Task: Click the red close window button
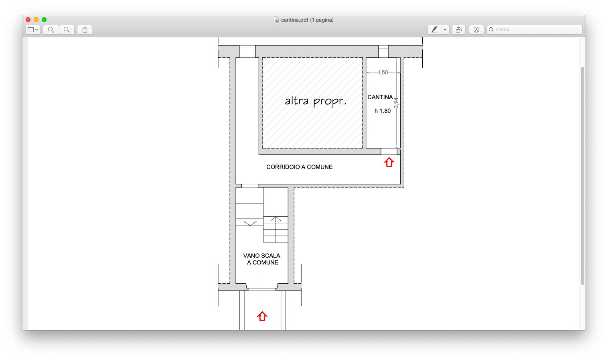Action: pyautogui.click(x=28, y=20)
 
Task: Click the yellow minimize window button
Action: pyautogui.click(x=36, y=20)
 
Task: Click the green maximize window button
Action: pyautogui.click(x=44, y=20)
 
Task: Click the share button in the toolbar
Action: pyautogui.click(x=85, y=30)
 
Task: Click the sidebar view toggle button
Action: pyautogui.click(x=33, y=30)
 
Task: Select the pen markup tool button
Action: pyautogui.click(x=434, y=30)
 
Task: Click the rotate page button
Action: pyautogui.click(x=459, y=30)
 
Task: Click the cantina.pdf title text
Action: pyautogui.click(x=307, y=20)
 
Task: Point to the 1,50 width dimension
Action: pyautogui.click(x=383, y=72)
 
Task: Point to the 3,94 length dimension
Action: pyautogui.click(x=396, y=103)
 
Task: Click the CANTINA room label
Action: pyautogui.click(x=380, y=97)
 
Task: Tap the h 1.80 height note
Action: pyautogui.click(x=383, y=111)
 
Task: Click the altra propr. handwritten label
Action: pyautogui.click(x=316, y=101)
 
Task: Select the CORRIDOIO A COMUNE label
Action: pyautogui.click(x=299, y=167)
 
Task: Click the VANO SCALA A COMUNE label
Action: pyautogui.click(x=262, y=259)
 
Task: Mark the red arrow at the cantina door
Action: pyautogui.click(x=389, y=162)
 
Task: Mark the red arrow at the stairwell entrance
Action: pyautogui.click(x=262, y=316)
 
